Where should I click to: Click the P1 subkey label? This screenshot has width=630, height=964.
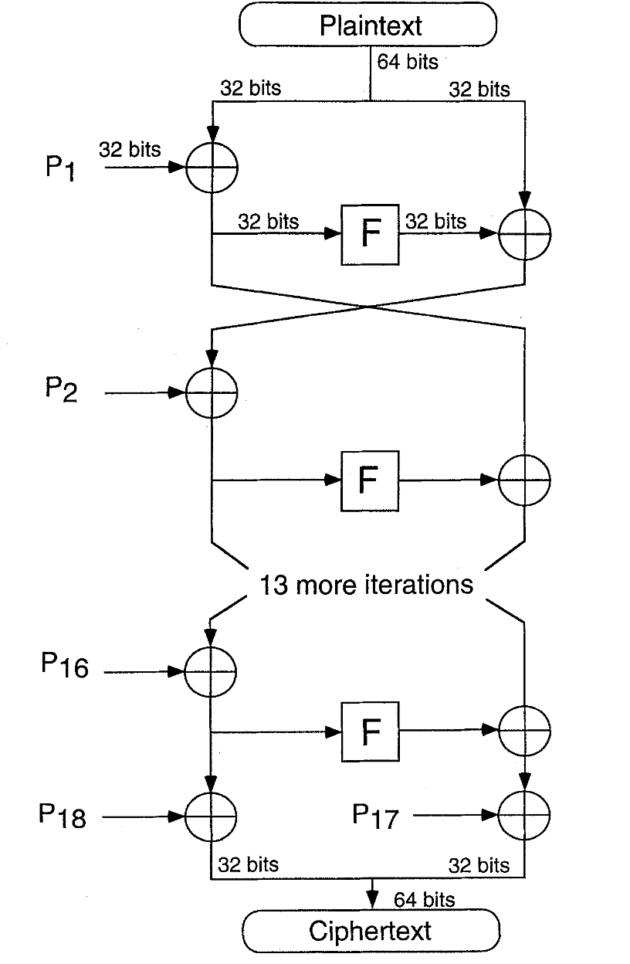(59, 168)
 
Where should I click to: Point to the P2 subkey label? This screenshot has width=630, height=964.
(61, 389)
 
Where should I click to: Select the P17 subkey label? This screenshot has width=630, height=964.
(375, 816)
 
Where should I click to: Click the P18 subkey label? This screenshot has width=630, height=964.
(63, 815)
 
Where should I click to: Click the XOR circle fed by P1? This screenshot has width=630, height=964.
(186, 168)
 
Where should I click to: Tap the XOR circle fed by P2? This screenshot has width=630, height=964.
(186, 392)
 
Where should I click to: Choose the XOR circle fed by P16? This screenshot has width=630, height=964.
(185, 671)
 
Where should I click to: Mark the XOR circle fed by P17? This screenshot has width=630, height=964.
(499, 815)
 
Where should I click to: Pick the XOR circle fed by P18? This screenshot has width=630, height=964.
(185, 816)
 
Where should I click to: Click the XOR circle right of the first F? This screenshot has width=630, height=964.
(499, 235)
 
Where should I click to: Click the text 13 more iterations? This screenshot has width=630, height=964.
(367, 585)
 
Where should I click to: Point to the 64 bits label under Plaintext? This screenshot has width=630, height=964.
(408, 62)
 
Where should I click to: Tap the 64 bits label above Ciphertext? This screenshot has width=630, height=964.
(425, 900)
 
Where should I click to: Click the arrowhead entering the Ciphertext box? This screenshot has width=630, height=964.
(372, 901)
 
